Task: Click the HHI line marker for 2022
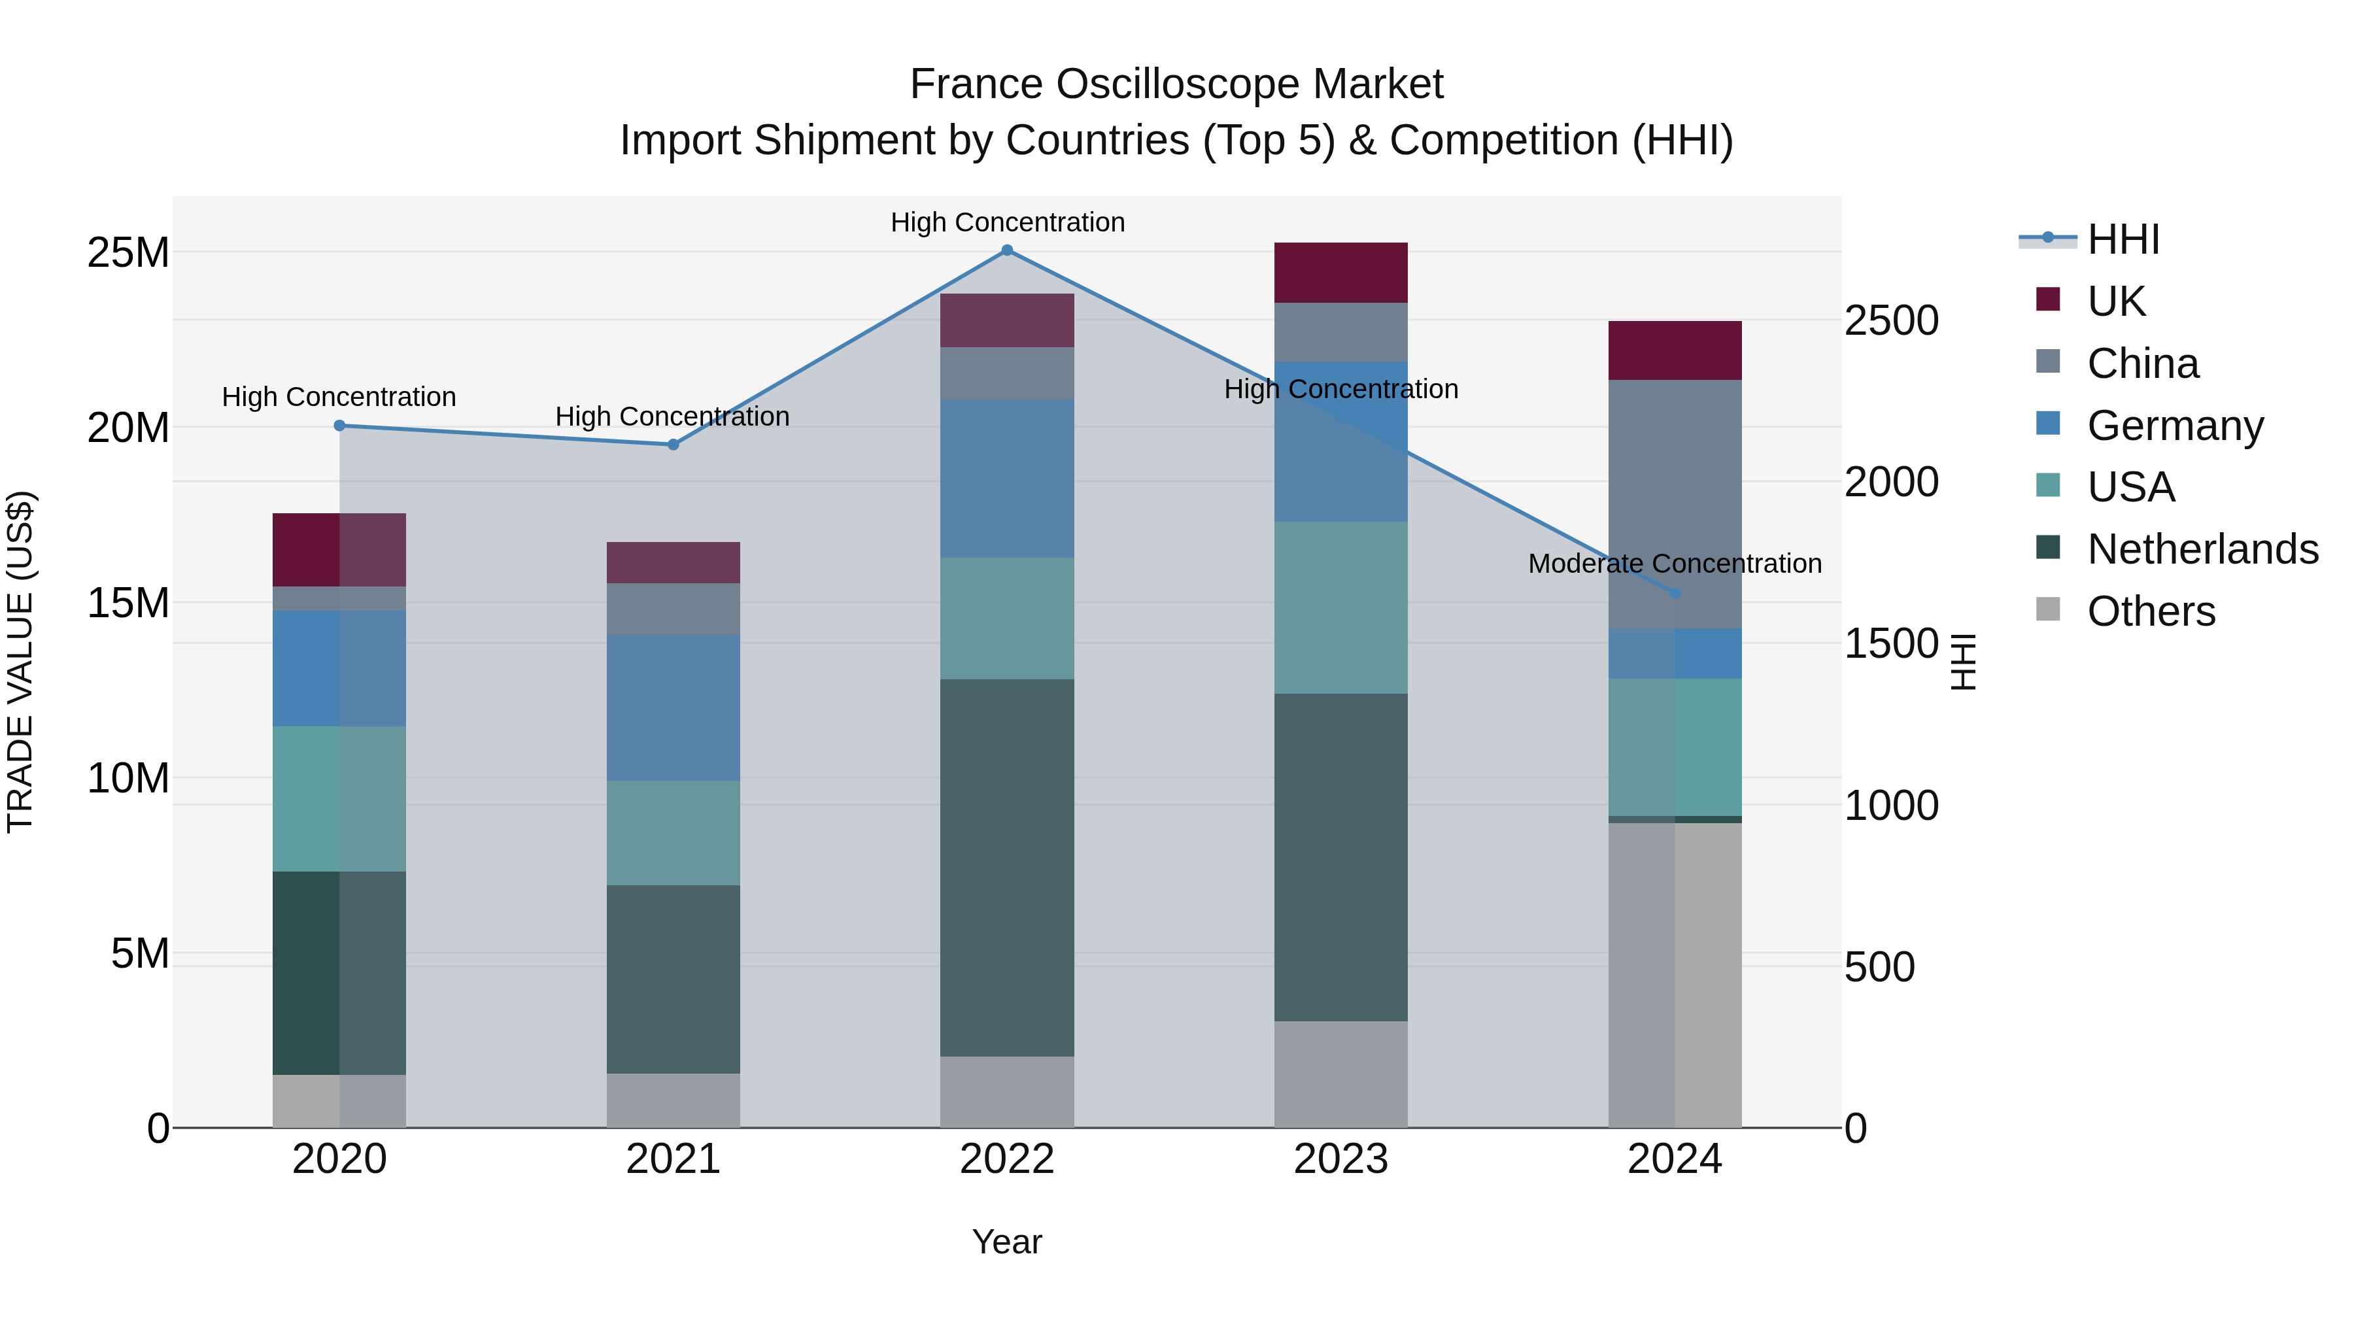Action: pos(1007,250)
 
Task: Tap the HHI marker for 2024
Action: pos(1674,593)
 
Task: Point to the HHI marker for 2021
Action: pos(674,445)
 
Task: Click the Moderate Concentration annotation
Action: pos(1674,564)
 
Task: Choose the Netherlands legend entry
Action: pos(2202,549)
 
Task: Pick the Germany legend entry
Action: pos(2175,426)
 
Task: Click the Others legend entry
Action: pos(2151,611)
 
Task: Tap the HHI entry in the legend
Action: pos(2123,239)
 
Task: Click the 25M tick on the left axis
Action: pos(128,253)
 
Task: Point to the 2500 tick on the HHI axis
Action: pos(1890,321)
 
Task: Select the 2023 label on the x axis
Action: pos(1340,1159)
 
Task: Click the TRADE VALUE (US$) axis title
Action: pos(21,662)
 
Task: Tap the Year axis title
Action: pos(1007,1242)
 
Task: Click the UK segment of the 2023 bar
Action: pos(1340,272)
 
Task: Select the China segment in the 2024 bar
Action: pos(1674,503)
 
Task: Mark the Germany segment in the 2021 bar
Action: pos(674,707)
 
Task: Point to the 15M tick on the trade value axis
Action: pos(128,603)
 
